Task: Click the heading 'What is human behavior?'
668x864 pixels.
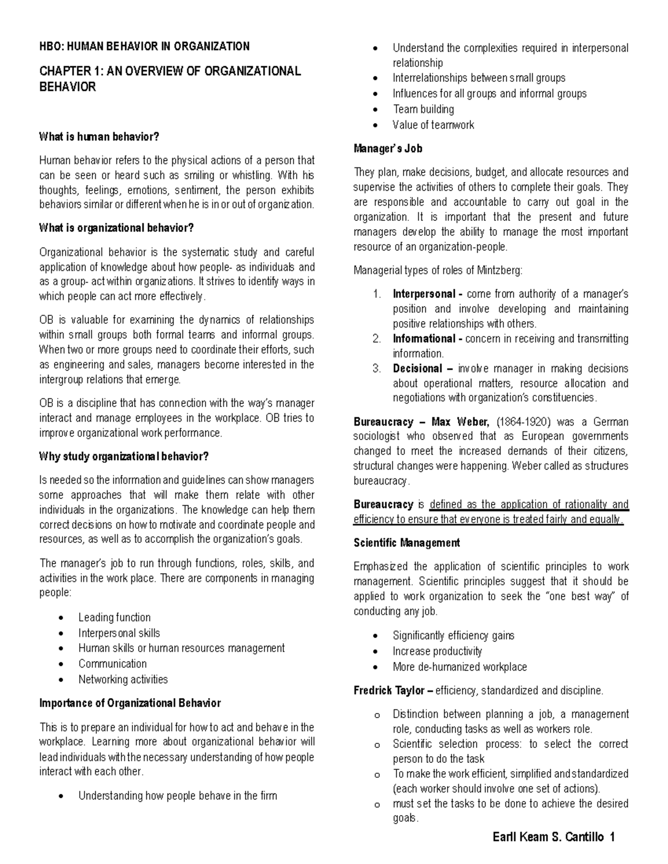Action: [x=99, y=136]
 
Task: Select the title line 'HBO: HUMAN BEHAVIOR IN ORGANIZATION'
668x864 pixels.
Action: [x=144, y=46]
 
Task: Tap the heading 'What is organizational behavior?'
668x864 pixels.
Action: [x=117, y=228]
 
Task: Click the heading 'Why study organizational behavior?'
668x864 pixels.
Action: [x=124, y=457]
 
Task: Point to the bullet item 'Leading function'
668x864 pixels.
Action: [x=114, y=617]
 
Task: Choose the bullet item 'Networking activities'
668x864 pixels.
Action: [x=122, y=679]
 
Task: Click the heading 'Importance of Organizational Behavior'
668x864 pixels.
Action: [x=130, y=703]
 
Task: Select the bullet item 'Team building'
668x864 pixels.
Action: [x=423, y=109]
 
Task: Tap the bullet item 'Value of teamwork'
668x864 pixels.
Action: [x=433, y=125]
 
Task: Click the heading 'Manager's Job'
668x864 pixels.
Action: [x=387, y=149]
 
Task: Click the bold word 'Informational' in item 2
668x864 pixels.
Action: [x=424, y=338]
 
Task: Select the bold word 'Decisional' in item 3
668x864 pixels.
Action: [x=417, y=368]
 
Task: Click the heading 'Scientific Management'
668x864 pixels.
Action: [x=406, y=542]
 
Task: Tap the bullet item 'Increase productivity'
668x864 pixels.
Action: [x=437, y=651]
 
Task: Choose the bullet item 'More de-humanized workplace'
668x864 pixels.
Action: [x=459, y=666]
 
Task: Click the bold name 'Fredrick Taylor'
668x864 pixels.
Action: [x=389, y=690]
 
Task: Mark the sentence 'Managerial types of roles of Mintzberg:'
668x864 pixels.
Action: [x=438, y=270]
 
